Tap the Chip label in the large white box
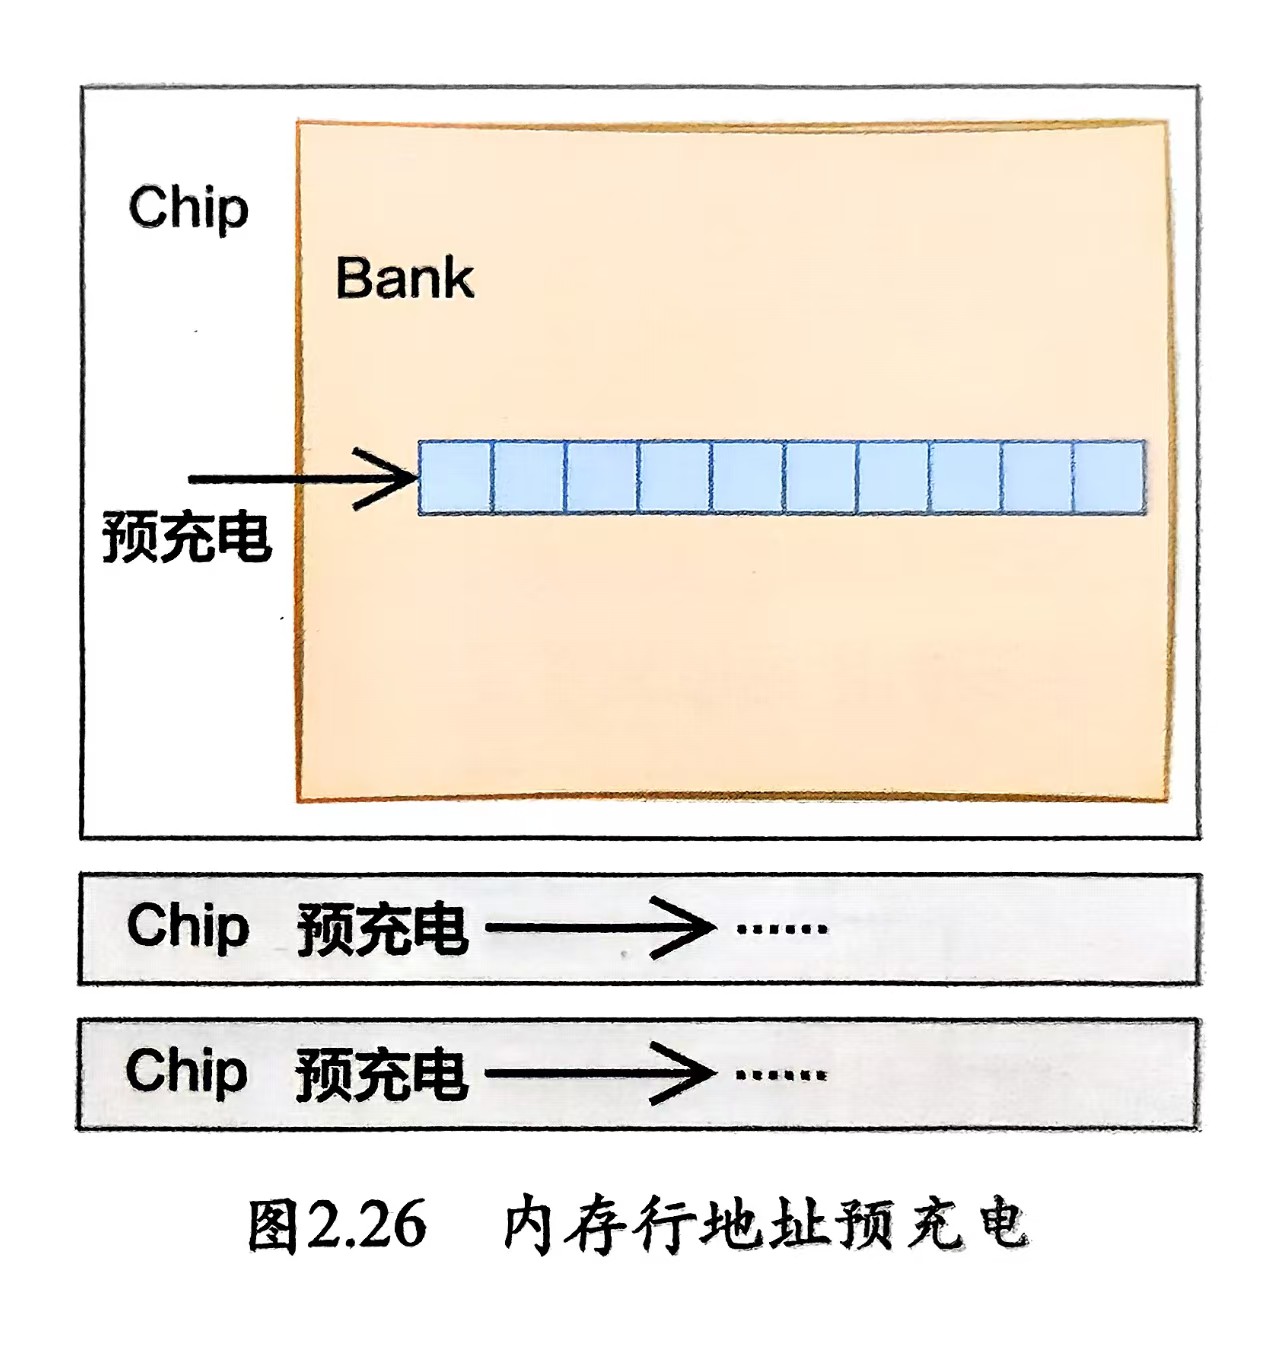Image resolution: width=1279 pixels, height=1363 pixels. pyautogui.click(x=188, y=207)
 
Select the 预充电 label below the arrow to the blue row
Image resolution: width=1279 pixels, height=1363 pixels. pyautogui.click(x=187, y=537)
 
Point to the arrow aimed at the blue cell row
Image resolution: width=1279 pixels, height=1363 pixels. pyautogui.click(x=303, y=478)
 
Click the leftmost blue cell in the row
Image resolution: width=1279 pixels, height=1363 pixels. pyautogui.click(x=455, y=477)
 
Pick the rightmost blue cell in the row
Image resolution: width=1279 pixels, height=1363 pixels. pyautogui.click(x=1109, y=477)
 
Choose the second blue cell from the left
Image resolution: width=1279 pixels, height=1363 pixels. pyautogui.click(x=528, y=477)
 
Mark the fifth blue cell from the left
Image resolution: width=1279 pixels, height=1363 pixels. pyautogui.click(x=747, y=477)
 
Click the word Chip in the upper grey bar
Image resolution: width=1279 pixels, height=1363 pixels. pyautogui.click(x=187, y=925)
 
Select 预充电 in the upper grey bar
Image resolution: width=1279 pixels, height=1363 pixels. pyautogui.click(x=382, y=929)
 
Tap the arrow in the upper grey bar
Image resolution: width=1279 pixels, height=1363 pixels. pyautogui.click(x=600, y=927)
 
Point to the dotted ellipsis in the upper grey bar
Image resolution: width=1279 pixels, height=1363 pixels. pyautogui.click(x=781, y=928)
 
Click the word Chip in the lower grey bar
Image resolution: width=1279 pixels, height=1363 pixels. pyautogui.click(x=186, y=1071)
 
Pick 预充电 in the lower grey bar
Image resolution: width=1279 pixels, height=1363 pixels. pyautogui.click(x=381, y=1075)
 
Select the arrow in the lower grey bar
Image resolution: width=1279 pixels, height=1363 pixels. pyautogui.click(x=600, y=1074)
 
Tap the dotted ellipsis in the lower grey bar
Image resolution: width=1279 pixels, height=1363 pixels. pyautogui.click(x=781, y=1075)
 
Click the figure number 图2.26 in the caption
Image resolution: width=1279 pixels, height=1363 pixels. pyautogui.click(x=337, y=1223)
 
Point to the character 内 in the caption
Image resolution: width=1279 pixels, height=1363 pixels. pyautogui.click(x=527, y=1223)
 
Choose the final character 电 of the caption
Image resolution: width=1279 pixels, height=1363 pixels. pyautogui.click(x=1002, y=1223)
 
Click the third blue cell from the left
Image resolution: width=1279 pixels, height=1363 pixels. pyautogui.click(x=601, y=477)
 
